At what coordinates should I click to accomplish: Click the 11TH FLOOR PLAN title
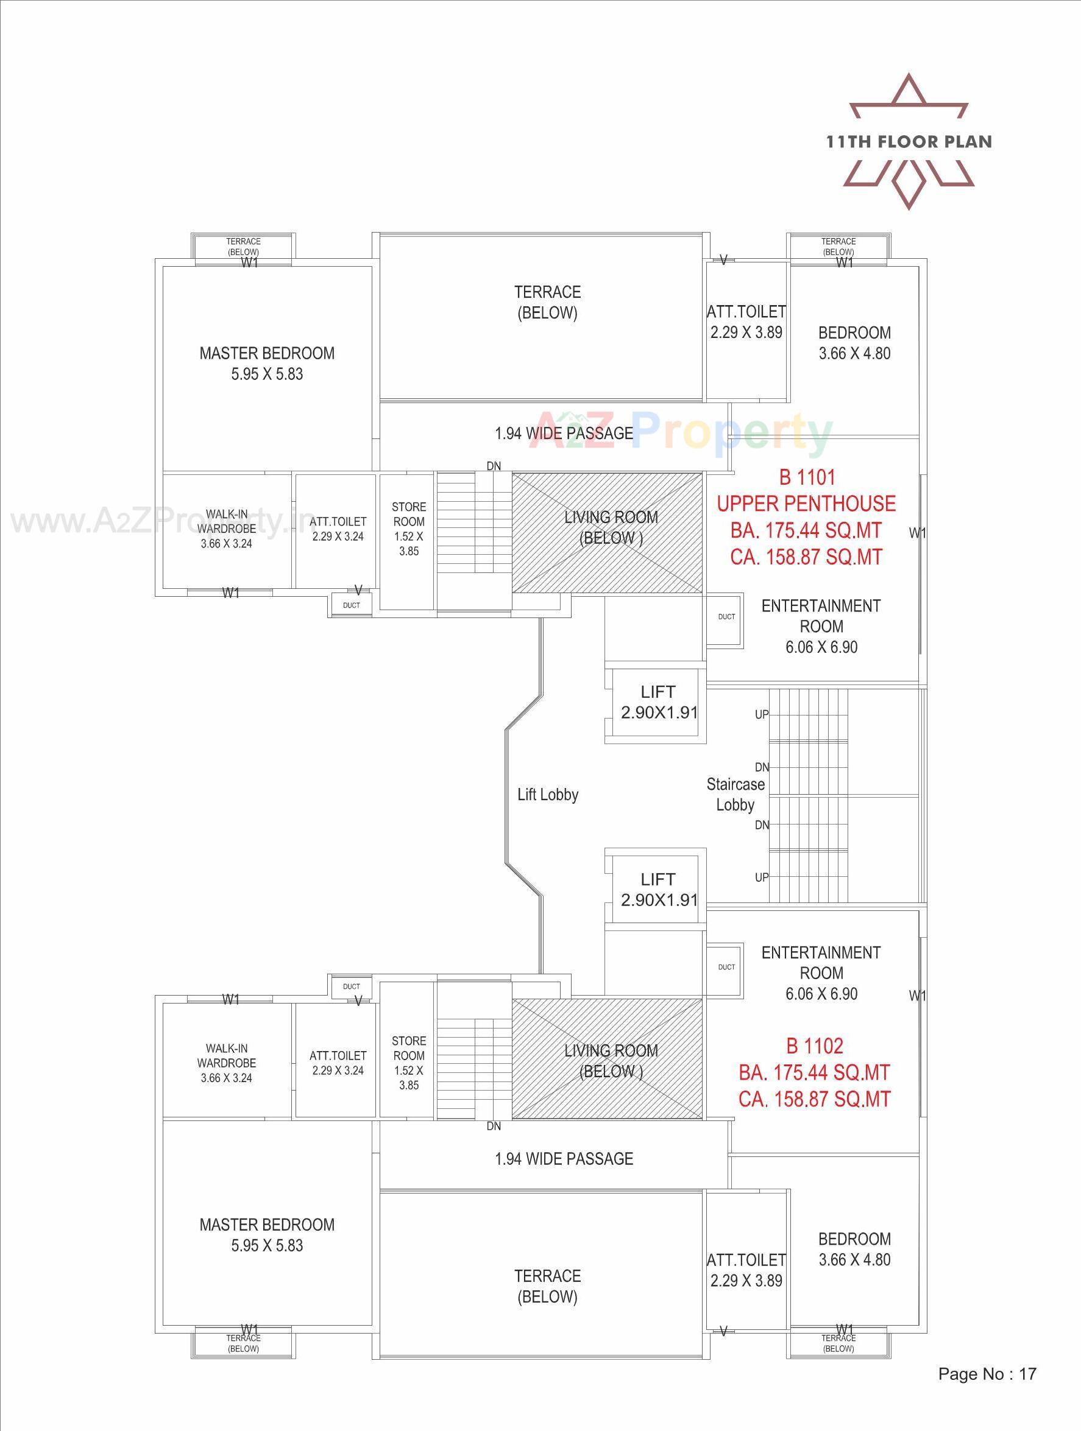909,142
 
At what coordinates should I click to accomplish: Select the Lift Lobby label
548,795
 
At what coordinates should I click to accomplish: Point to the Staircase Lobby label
735,795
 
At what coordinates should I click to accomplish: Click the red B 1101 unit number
807,477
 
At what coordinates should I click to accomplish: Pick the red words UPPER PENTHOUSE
806,504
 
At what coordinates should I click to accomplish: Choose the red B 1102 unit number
814,1046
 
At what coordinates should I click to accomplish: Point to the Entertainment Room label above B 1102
821,963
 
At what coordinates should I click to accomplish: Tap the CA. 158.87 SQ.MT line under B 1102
814,1099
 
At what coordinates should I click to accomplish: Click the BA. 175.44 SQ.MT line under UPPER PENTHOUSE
806,530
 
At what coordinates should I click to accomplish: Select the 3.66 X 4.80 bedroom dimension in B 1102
854,1259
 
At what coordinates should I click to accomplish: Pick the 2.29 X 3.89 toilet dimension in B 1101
746,332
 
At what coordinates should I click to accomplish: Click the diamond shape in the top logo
909,183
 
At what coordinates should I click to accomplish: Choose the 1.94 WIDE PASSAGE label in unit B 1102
564,1159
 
